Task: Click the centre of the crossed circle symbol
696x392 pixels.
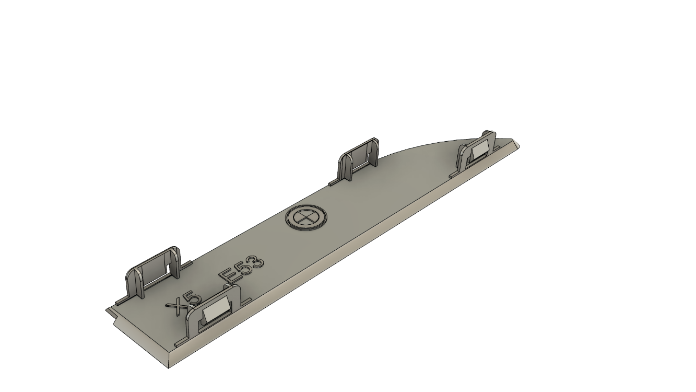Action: [x=305, y=217]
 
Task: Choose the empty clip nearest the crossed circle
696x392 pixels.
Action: [x=358, y=159]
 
